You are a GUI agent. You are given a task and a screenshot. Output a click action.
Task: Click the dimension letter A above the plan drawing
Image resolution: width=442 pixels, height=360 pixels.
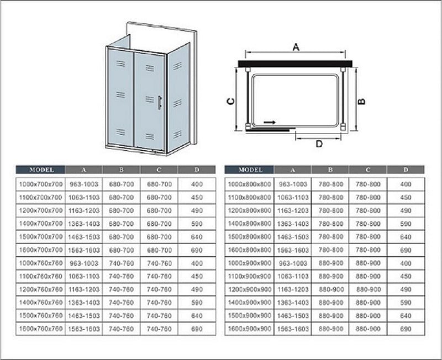pyautogui.click(x=296, y=47)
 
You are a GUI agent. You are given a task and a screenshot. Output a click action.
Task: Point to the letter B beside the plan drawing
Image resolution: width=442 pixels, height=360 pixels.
pyautogui.click(x=361, y=101)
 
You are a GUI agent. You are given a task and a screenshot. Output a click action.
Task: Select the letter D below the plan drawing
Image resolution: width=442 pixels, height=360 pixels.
pyautogui.click(x=319, y=144)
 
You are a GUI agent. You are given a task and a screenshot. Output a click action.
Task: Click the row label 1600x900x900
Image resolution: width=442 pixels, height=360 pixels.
pyautogui.click(x=249, y=329)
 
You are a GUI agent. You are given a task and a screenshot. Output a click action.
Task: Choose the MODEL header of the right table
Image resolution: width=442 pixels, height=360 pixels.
pyautogui.click(x=249, y=170)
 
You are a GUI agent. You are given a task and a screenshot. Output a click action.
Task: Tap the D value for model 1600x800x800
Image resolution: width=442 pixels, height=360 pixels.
pyautogui.click(x=406, y=250)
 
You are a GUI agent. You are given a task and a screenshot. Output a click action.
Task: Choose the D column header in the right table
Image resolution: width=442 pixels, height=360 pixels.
pyautogui.click(x=406, y=170)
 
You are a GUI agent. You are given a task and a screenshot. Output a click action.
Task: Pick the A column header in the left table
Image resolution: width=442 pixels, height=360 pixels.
pyautogui.click(x=83, y=170)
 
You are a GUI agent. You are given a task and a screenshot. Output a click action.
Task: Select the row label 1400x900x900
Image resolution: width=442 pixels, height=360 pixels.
pyautogui.click(x=249, y=302)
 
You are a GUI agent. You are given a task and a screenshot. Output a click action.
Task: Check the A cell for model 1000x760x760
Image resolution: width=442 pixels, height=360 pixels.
pyautogui.click(x=83, y=263)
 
